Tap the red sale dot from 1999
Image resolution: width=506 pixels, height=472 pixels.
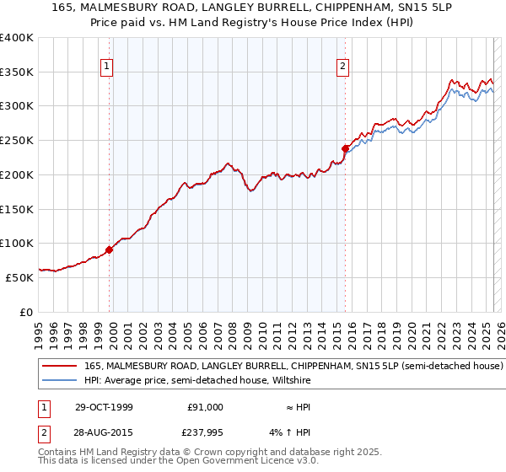(x=110, y=249)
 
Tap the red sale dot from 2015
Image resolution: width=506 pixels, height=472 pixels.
(x=345, y=149)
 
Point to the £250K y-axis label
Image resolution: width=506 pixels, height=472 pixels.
(x=17, y=141)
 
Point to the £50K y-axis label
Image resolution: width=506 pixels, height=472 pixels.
(x=19, y=277)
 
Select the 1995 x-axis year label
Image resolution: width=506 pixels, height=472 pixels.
(x=39, y=330)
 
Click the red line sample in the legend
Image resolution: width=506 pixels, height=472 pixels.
(x=59, y=366)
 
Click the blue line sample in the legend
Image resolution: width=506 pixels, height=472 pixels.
(x=59, y=380)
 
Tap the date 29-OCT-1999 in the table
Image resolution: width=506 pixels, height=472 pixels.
(x=105, y=407)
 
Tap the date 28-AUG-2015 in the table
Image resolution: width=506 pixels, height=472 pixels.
(x=105, y=434)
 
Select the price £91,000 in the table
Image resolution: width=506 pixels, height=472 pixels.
(x=205, y=407)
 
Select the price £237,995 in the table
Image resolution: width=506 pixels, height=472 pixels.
(x=205, y=434)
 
